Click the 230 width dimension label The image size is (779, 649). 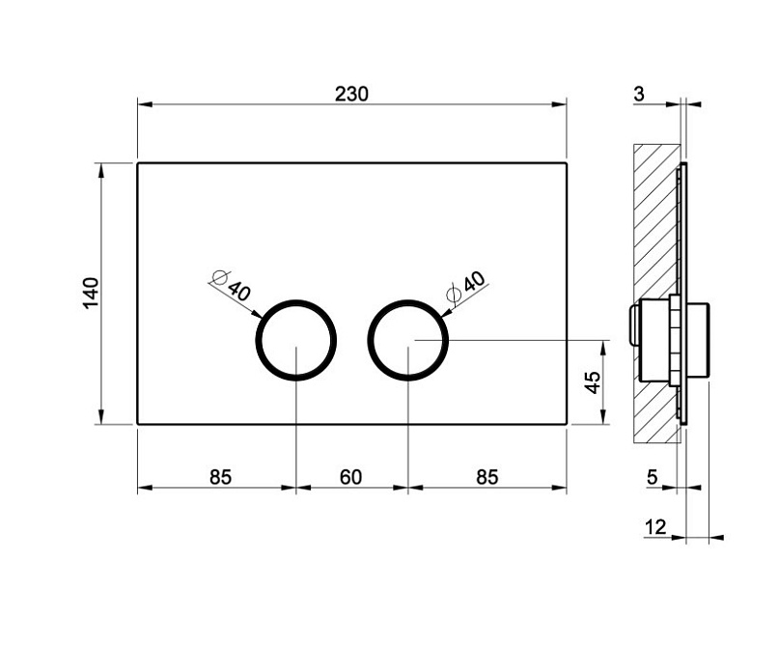[x=351, y=94]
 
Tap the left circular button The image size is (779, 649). [x=296, y=340]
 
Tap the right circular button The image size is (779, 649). [x=409, y=340]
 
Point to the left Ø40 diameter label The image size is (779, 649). [x=232, y=289]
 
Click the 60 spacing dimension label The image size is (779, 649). [x=351, y=476]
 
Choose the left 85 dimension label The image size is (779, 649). [x=220, y=476]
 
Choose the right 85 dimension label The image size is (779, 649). [x=487, y=476]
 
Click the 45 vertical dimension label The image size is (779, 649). [x=594, y=381]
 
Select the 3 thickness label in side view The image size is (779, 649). [x=639, y=94]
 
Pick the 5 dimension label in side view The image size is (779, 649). [x=653, y=476]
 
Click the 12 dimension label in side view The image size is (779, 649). [x=655, y=526]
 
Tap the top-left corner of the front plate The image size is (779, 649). [x=138, y=163]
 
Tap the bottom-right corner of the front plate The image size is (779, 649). [x=565, y=423]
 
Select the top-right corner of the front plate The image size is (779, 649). [x=565, y=163]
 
